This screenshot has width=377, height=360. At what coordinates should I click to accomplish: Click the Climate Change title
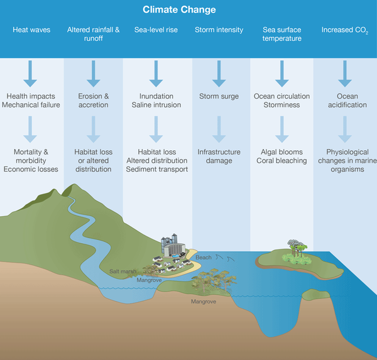(179, 9)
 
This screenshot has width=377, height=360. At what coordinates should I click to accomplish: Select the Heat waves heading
(31, 30)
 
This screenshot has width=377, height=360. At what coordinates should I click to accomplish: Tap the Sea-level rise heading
(156, 30)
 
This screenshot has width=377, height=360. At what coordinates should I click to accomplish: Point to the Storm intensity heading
(219, 30)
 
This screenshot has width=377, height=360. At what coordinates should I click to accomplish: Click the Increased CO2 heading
(345, 30)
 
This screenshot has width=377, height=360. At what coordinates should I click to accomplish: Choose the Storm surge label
(219, 96)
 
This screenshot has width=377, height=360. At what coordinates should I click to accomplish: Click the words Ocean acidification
(347, 101)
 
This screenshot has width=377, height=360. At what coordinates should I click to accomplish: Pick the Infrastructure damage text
(219, 156)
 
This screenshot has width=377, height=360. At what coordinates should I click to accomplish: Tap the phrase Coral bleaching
(281, 161)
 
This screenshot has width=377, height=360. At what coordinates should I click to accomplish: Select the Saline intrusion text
(156, 105)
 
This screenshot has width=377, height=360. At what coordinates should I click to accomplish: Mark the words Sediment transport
(157, 169)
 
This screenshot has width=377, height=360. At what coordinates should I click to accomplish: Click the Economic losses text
(31, 169)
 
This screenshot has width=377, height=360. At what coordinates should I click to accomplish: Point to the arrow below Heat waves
(30, 74)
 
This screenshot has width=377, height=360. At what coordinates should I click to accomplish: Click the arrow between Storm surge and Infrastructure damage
(219, 129)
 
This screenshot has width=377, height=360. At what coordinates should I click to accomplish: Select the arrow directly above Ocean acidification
(345, 74)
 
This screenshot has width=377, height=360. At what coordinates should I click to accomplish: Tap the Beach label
(204, 258)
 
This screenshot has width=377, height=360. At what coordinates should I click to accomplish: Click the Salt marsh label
(123, 271)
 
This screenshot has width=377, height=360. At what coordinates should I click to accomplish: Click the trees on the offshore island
(296, 253)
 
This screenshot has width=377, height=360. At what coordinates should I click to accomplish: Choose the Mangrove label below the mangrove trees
(204, 302)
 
